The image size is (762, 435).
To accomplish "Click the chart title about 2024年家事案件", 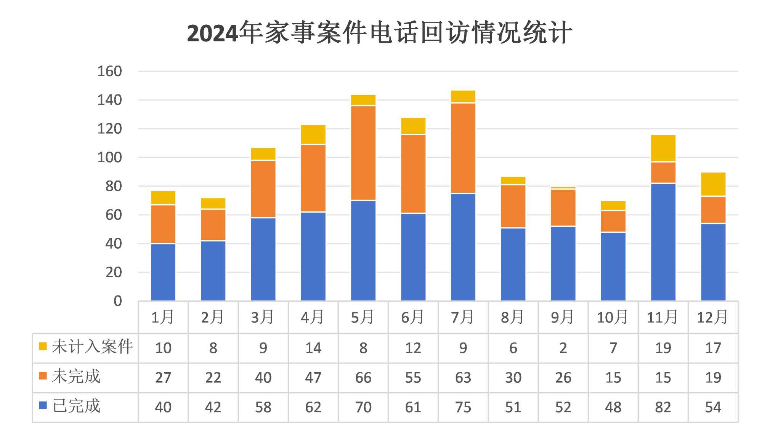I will point(380,32).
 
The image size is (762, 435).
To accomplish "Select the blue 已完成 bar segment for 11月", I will point(663,242).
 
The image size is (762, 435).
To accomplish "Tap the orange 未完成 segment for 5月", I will point(363,153).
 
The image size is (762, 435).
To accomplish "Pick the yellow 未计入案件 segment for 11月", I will point(663,149).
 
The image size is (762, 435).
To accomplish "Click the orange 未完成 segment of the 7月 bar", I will point(463,148).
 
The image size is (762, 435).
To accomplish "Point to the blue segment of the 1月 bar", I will point(163,272).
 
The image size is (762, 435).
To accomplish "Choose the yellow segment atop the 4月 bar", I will point(313,134).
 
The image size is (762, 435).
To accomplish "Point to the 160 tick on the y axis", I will point(109,71).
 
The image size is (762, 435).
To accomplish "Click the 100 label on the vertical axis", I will point(109,157).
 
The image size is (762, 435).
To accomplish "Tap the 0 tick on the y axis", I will point(118,301).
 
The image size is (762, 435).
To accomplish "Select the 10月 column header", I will point(613,317).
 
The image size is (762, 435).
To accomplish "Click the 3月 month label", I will point(263,317).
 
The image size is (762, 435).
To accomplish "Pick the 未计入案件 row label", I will point(92,347).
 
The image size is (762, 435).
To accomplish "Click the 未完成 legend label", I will point(76,376).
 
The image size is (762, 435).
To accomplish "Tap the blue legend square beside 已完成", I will point(43,405).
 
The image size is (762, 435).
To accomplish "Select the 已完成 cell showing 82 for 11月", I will point(663,407).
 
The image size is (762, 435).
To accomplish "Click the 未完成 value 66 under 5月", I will point(363,377).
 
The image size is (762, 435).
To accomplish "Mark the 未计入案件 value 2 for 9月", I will point(563,348).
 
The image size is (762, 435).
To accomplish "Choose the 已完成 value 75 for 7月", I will point(463,407).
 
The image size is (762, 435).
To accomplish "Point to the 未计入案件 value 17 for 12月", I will point(713,348).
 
